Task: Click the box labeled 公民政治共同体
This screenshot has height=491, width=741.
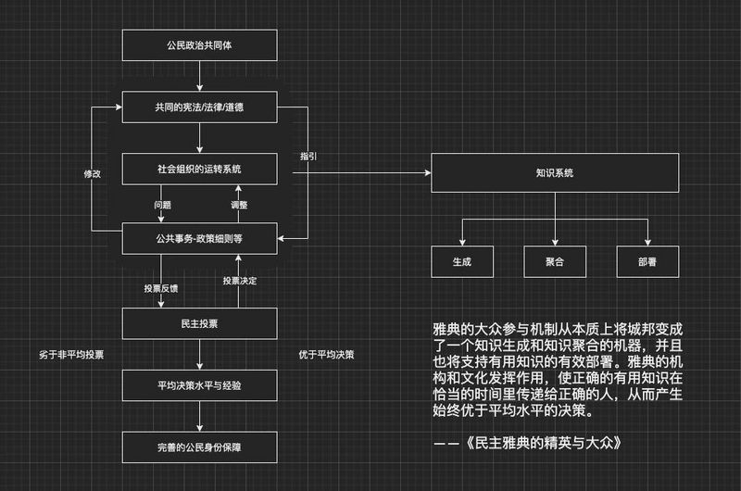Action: pos(200,44)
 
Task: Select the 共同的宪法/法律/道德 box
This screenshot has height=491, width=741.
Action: pos(200,107)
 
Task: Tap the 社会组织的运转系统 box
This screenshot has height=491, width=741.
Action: pos(200,170)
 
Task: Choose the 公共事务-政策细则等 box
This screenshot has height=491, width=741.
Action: pos(200,238)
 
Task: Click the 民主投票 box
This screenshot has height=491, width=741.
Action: pos(200,323)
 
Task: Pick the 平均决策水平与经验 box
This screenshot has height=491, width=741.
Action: pos(200,384)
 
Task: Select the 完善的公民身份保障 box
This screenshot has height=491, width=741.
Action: pos(200,447)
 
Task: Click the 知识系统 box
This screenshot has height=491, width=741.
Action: pos(555,172)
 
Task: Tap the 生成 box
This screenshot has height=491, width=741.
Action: pos(462,262)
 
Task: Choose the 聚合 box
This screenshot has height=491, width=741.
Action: pos(555,262)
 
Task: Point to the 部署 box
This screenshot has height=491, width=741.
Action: pos(647,262)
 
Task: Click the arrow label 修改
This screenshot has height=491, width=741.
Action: pos(93,173)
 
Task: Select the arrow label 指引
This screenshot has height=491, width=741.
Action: pos(308,157)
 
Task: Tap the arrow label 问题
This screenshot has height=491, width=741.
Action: pos(162,204)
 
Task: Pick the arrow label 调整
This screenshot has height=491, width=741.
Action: pos(238,204)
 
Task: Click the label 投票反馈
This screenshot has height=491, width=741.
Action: pos(161,289)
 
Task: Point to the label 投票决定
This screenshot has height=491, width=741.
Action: pos(240,280)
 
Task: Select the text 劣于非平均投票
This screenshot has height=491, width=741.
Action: pos(71,354)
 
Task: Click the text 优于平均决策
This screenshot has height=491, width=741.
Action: pos(325,354)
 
